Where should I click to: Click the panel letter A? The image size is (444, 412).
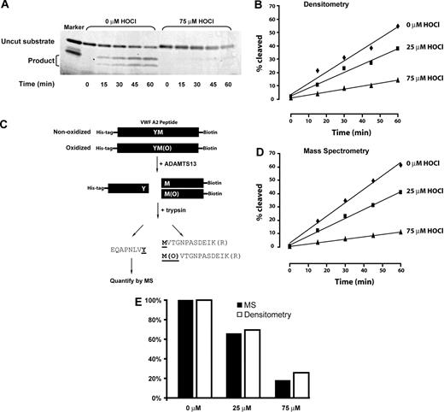tap(5, 5)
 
